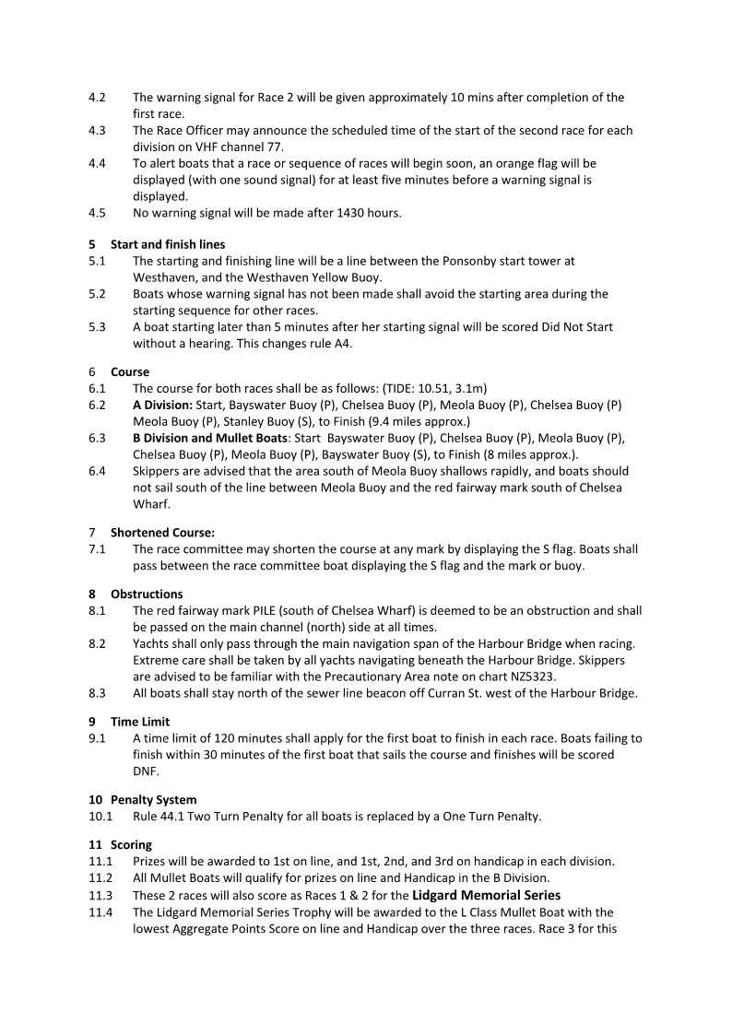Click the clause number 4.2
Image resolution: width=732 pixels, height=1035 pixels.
point(97,98)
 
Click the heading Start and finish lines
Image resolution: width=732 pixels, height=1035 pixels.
point(168,245)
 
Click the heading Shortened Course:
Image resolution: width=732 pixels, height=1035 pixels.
point(162,533)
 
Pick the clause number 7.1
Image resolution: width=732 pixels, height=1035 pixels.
point(97,549)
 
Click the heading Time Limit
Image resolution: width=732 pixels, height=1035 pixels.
point(140,723)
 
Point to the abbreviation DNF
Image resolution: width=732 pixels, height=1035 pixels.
point(146,771)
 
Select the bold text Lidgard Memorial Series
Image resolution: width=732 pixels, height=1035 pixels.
point(486,895)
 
